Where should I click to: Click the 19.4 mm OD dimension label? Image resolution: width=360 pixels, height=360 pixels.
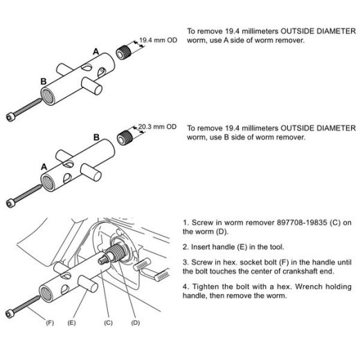point(158,40)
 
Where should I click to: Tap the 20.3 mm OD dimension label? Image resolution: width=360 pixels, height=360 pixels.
point(157,127)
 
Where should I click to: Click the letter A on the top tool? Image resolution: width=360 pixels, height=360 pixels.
point(96,51)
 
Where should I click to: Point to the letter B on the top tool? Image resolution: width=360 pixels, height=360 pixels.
point(44,82)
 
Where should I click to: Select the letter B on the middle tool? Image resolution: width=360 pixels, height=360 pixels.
point(96,138)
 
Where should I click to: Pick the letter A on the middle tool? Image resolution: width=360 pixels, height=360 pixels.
point(44,167)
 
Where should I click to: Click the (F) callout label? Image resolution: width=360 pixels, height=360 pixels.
point(50,323)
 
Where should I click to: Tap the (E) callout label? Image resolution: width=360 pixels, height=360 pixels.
point(71,323)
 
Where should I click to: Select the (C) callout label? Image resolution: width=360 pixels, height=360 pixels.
point(108,323)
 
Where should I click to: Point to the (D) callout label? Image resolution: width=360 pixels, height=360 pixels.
point(136,323)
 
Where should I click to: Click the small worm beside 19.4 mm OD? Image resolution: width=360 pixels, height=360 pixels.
point(124,52)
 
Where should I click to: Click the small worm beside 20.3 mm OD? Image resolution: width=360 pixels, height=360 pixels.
point(125,138)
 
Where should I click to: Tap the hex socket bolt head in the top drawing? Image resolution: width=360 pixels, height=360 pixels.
point(10,117)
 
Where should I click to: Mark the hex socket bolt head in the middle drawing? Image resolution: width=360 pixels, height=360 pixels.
point(10,204)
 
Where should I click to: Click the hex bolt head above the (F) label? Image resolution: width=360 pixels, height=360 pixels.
point(10,314)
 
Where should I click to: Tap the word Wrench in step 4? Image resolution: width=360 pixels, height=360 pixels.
point(309,287)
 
